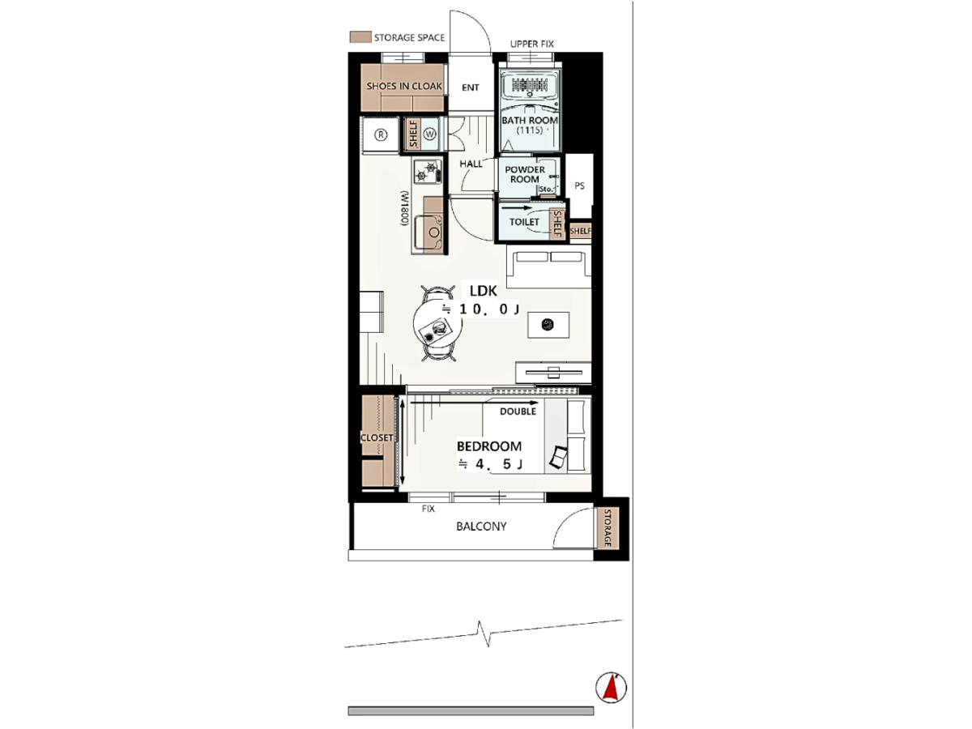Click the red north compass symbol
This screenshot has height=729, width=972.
coord(611,688)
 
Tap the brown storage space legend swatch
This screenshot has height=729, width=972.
coord(360,37)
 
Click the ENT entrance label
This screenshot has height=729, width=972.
coord(471,87)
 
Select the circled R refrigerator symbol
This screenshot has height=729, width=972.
coord(381,134)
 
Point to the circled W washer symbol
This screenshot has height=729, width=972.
coord(429,134)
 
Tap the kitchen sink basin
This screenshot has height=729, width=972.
coord(429,232)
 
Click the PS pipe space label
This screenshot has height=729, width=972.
coord(579,186)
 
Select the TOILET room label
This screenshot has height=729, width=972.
coord(524,222)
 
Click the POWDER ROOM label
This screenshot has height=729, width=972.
coord(525,174)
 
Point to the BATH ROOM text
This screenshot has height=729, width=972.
coord(530,121)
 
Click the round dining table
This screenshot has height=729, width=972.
coord(437,322)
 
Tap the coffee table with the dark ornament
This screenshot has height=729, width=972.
coord(548,325)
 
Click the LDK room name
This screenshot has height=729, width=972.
coord(483,291)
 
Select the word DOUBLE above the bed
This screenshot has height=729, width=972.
coord(518,411)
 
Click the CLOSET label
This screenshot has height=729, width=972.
coord(377,437)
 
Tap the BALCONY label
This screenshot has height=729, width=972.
coord(481,526)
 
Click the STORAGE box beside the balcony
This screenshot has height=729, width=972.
coord(607,527)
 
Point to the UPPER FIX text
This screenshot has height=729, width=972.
coord(532,44)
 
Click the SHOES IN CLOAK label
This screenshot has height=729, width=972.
coord(404,87)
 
